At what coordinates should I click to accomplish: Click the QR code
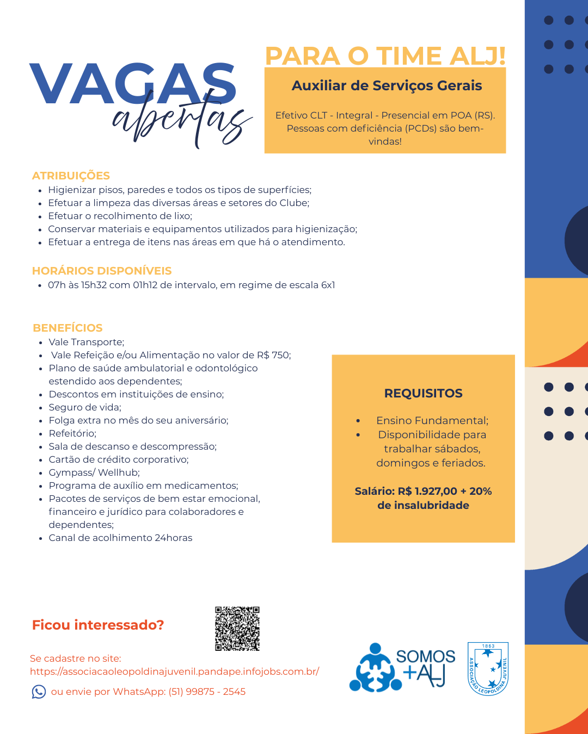pos(237,629)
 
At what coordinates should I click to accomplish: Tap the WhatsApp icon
pos(39,692)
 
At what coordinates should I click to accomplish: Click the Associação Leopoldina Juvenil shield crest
pos(488,668)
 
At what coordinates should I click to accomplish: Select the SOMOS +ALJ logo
pos(403,668)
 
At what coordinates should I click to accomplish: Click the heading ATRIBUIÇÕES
pos(71,176)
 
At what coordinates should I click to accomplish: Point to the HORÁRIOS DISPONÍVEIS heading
pos(102,271)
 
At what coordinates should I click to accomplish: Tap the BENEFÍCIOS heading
pos(68,328)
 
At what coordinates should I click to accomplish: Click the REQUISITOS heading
pos(423,393)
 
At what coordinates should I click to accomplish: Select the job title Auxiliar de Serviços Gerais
pos(387,86)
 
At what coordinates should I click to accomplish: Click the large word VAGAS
pos(133,84)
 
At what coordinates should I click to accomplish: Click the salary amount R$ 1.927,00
pos(427,491)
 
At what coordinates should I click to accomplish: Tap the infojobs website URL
pos(174,671)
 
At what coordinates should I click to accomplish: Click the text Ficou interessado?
pos(98,625)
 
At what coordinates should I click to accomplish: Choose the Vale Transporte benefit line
pos(87,342)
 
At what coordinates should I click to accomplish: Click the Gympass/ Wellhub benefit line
pos(94,472)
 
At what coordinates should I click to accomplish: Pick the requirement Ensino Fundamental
pos(432,420)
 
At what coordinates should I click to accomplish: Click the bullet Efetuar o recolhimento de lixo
pos(120,216)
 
